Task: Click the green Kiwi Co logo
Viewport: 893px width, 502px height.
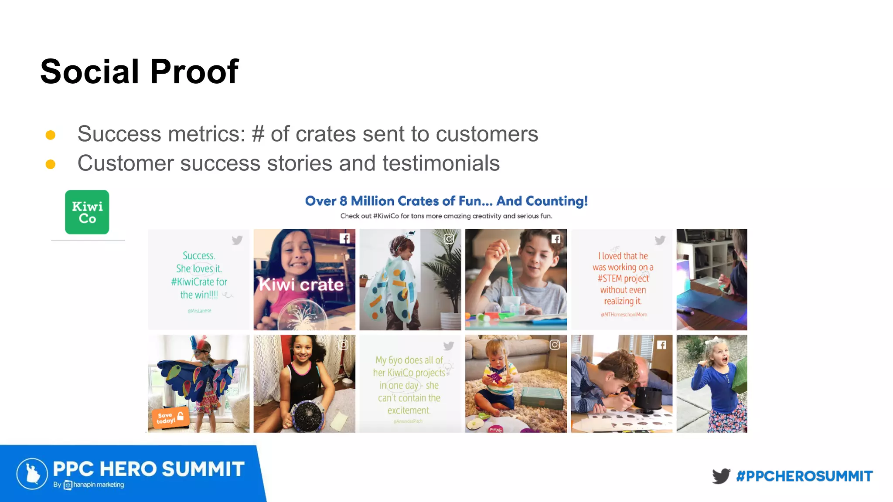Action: (87, 212)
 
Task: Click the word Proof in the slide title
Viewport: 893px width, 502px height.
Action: (194, 72)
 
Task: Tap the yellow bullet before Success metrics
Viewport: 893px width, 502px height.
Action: (51, 135)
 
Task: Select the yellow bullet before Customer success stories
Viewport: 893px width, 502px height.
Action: (51, 164)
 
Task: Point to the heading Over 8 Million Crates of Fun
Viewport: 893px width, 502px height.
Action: (446, 201)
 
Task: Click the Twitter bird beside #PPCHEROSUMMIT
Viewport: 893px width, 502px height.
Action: (721, 476)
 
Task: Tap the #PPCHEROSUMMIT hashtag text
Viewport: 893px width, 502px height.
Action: (804, 476)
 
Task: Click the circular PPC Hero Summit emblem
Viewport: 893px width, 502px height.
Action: (32, 474)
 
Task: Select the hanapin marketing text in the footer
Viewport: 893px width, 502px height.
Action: (98, 485)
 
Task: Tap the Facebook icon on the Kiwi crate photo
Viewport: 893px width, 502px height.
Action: (344, 238)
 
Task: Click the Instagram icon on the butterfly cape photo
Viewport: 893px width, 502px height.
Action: (449, 238)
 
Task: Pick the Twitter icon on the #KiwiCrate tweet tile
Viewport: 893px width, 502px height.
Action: (237, 240)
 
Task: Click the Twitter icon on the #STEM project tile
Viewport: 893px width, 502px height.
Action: (660, 240)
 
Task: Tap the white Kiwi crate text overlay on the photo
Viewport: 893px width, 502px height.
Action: (301, 285)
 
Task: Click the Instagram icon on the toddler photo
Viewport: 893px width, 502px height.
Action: (555, 345)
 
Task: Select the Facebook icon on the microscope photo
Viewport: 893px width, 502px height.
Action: (661, 345)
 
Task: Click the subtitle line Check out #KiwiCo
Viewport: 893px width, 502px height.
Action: (446, 216)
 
